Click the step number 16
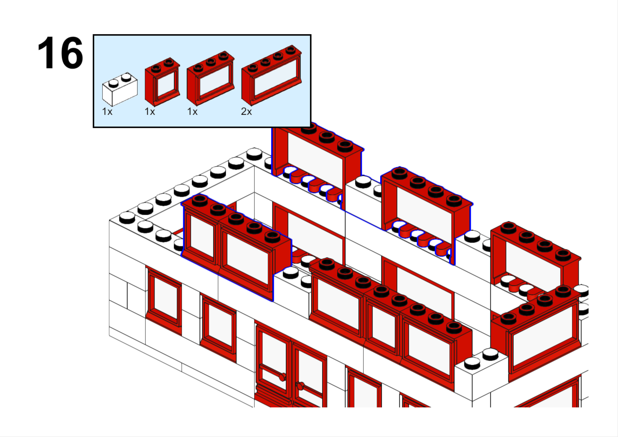[x=60, y=52]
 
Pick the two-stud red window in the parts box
[x=162, y=82]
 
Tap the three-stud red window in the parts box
[x=211, y=78]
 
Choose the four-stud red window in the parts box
[x=272, y=75]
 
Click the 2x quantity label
[x=246, y=111]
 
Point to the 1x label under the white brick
[x=107, y=111]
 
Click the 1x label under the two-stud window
[x=150, y=111]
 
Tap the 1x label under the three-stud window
[x=192, y=111]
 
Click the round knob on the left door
[x=282, y=377]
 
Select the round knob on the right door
[x=300, y=386]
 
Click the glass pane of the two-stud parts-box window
[x=166, y=84]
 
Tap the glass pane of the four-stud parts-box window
[x=275, y=77]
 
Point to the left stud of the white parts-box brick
[x=113, y=83]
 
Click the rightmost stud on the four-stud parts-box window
[x=291, y=50]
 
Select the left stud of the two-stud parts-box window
[x=156, y=68]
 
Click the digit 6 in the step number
[x=71, y=53]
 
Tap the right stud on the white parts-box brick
[x=126, y=77]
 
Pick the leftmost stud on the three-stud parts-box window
[x=198, y=67]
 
